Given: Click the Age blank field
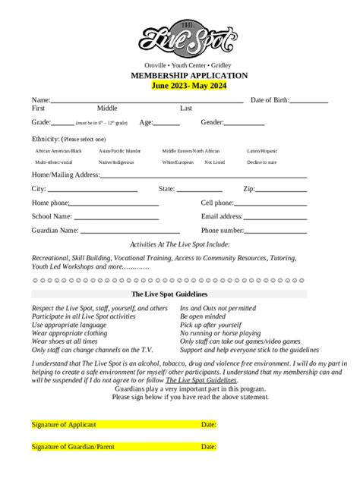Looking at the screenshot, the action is click(x=169, y=123).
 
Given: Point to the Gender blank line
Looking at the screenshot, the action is click(x=245, y=123).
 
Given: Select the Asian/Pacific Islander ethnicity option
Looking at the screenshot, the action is click(x=120, y=151).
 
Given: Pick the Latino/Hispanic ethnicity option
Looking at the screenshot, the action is click(x=262, y=151).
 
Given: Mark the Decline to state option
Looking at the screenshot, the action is click(x=261, y=162).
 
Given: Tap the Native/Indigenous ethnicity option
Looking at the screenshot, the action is click(x=116, y=162).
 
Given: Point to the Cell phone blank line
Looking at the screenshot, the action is click(x=270, y=204).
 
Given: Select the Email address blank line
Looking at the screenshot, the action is click(x=275, y=218).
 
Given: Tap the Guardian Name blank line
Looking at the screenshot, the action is click(x=130, y=231).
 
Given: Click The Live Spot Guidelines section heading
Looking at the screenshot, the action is click(x=169, y=294).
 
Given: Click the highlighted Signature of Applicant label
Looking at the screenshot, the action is click(x=64, y=425).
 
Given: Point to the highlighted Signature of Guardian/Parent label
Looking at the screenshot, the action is click(x=73, y=447).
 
